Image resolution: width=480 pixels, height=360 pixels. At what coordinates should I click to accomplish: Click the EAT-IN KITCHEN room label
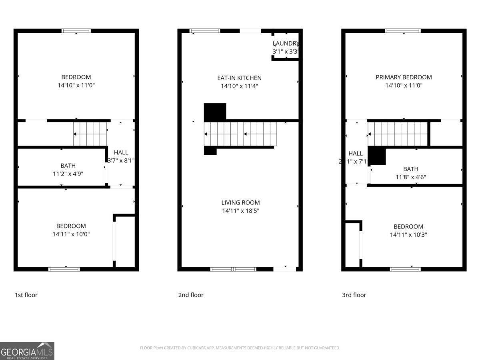pyautogui.click(x=239, y=78)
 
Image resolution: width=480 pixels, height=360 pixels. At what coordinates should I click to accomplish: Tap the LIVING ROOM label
pyautogui.click(x=240, y=202)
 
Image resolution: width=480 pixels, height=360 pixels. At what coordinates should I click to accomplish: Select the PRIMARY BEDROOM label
pyautogui.click(x=404, y=77)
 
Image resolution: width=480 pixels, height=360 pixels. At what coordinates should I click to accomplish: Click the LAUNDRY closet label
pyautogui.click(x=286, y=43)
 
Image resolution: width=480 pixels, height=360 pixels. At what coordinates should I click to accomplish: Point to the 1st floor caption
pyautogui.click(x=26, y=295)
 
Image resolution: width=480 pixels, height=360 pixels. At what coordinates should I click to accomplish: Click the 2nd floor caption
pyautogui.click(x=191, y=295)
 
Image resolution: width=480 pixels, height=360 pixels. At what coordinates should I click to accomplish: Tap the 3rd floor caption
pyautogui.click(x=354, y=295)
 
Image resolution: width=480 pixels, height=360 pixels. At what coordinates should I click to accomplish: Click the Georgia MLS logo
pyautogui.click(x=27, y=351)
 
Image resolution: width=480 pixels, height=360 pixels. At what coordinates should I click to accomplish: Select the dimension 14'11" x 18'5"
pyautogui.click(x=240, y=211)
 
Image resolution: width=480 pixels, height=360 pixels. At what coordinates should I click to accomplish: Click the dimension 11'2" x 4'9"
pyautogui.click(x=68, y=174)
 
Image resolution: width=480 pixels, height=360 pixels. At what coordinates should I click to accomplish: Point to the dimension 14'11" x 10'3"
pyautogui.click(x=408, y=235)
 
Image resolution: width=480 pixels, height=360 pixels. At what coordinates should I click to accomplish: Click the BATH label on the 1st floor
pyautogui.click(x=68, y=165)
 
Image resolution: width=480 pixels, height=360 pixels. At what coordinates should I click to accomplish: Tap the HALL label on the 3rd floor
pyautogui.click(x=355, y=153)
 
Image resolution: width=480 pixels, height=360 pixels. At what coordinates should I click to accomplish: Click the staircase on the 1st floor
pyautogui.click(x=90, y=134)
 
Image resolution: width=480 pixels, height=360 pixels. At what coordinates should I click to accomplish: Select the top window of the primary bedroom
pyautogui.click(x=403, y=31)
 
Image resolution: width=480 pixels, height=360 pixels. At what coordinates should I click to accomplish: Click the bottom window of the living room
pyautogui.click(x=233, y=269)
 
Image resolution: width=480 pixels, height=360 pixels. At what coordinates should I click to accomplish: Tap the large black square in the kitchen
pyautogui.click(x=215, y=112)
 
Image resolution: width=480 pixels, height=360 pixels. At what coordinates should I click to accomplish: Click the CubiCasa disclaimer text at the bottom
pyautogui.click(x=240, y=348)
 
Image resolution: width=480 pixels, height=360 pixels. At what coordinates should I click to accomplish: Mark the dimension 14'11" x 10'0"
pyautogui.click(x=71, y=234)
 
